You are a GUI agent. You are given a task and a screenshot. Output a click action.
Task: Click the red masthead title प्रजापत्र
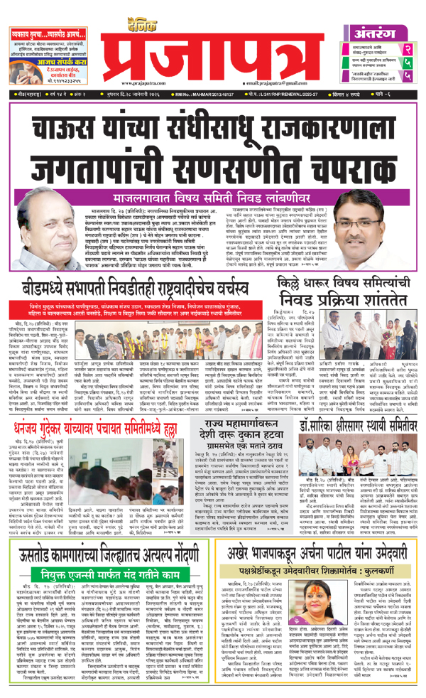[212, 44]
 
